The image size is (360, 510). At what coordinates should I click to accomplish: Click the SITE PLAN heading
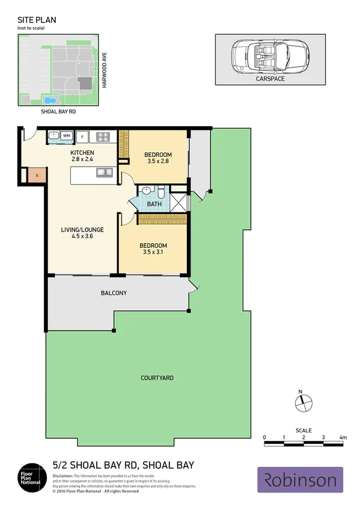pyautogui.click(x=37, y=20)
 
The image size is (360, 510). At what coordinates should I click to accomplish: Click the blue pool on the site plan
pyautogui.click(x=48, y=100)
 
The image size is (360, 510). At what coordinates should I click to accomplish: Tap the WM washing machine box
pyautogui.click(x=66, y=135)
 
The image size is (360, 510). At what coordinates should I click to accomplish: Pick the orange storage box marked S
pyautogui.click(x=37, y=176)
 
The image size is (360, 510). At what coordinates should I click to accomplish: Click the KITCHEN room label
pyautogui.click(x=83, y=153)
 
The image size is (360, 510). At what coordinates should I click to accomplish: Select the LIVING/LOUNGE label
pyautogui.click(x=82, y=229)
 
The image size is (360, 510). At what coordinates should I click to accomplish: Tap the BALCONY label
pyautogui.click(x=114, y=293)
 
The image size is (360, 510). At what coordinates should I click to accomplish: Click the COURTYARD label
pyautogui.click(x=157, y=378)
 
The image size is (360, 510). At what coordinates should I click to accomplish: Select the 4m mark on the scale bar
pyautogui.click(x=343, y=437)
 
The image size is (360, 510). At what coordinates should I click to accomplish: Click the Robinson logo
pyautogui.click(x=300, y=479)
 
